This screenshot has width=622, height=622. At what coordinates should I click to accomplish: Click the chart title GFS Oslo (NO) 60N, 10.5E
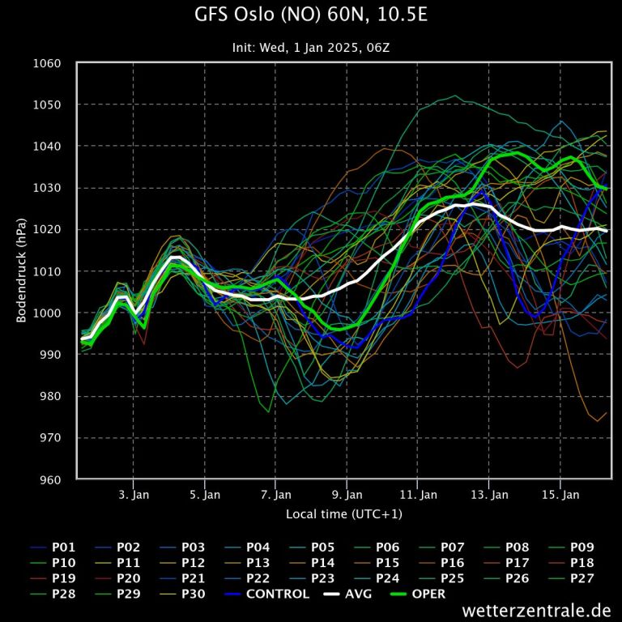pos(311,15)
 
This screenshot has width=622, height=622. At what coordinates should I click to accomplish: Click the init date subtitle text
pos(311,47)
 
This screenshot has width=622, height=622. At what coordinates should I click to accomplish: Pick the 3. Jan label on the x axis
pos(134,494)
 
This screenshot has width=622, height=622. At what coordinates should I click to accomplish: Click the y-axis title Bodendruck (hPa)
pos(22,271)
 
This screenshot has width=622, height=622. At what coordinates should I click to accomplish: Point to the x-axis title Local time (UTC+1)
pos(343,513)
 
